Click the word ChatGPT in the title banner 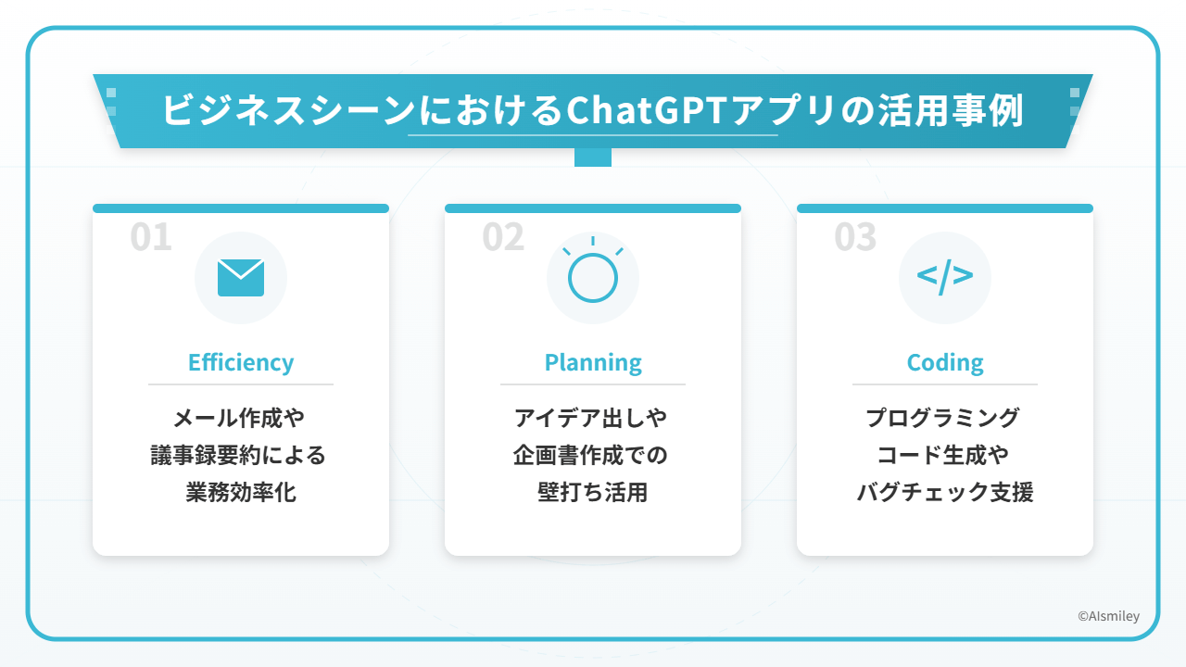coord(646,110)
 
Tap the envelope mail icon coord(241,277)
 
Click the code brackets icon coord(945,276)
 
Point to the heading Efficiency coord(241,362)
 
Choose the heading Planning coord(593,362)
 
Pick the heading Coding coord(945,362)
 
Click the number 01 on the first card coord(151,236)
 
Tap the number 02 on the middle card coord(503,236)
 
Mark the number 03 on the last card coord(855,236)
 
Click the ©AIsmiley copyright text coord(1109,616)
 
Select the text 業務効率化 coord(241,492)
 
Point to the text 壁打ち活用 coord(593,492)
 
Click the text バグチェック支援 coord(945,492)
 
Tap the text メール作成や coord(239,418)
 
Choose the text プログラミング coord(943,418)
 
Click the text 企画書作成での coord(590,455)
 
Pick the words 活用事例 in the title coord(951,110)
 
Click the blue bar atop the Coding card coord(945,208)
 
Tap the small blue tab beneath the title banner coord(593,157)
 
